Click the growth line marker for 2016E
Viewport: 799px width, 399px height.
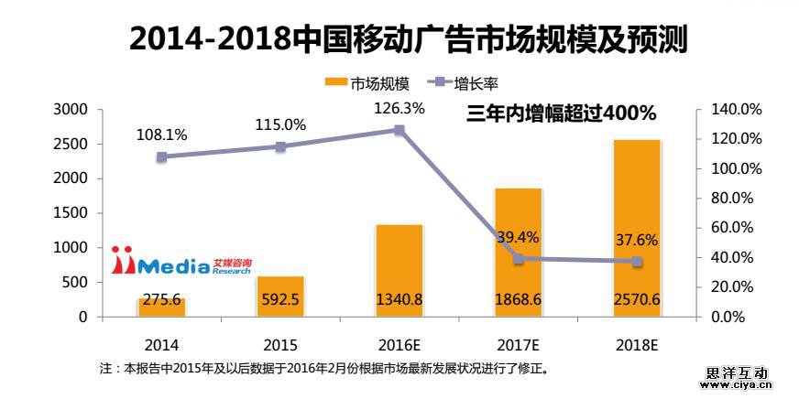399,130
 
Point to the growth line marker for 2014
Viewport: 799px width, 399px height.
162,156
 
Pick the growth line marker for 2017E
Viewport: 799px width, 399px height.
519,259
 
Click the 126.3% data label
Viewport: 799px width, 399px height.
399,108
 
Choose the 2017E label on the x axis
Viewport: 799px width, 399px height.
519,346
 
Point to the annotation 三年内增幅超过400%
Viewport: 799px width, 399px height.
561,113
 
